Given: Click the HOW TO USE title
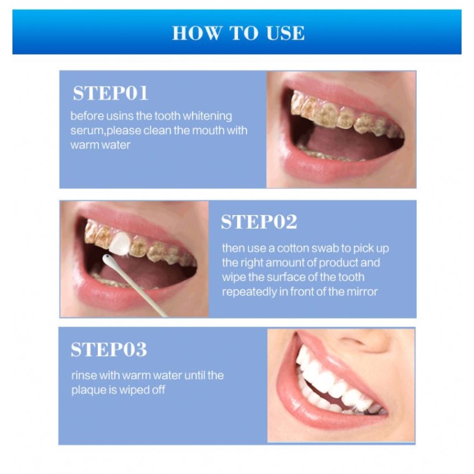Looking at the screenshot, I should point(238,33).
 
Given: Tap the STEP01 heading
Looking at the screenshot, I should point(110,94).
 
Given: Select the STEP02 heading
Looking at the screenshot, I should point(259,222).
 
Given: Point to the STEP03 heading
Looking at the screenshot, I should point(108,350).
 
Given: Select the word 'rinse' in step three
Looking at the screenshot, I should point(82,376).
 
